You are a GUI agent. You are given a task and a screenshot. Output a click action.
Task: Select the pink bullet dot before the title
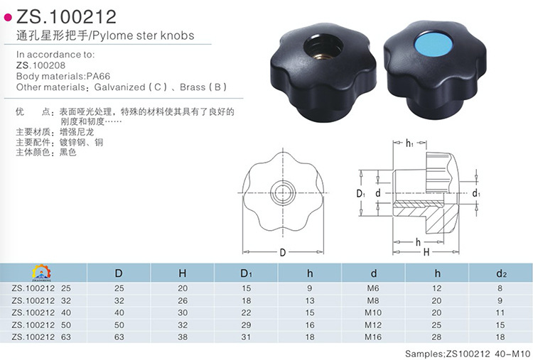(8, 16)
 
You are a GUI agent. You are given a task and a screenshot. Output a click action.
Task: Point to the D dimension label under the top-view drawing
(282, 252)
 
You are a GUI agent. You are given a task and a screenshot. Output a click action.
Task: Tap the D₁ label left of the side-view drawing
(360, 193)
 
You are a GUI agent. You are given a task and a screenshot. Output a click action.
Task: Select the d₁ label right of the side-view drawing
(476, 193)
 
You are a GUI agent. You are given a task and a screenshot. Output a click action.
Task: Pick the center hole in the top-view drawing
(282, 192)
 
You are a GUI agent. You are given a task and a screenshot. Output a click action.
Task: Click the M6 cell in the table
(373, 288)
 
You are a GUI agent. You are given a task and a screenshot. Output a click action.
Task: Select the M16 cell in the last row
(373, 337)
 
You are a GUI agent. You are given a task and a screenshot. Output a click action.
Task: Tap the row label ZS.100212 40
(42, 312)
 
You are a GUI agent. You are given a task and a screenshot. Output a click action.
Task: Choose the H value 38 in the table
(183, 337)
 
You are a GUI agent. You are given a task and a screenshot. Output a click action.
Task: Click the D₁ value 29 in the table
(247, 324)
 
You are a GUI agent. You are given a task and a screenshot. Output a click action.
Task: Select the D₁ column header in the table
(247, 273)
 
